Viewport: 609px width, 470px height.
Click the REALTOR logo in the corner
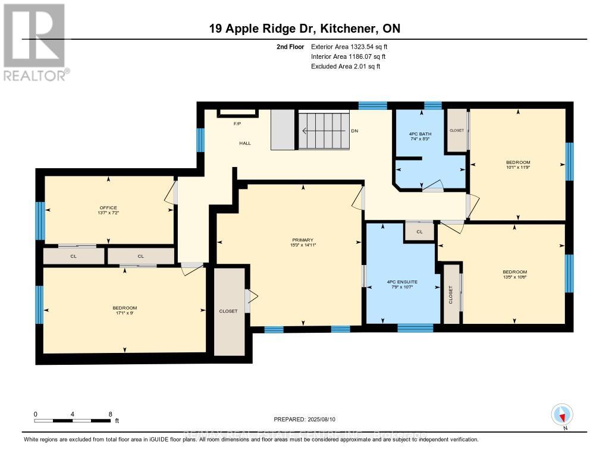34,42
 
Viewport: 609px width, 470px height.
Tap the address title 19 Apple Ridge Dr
304,29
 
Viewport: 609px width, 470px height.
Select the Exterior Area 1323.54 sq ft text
350,46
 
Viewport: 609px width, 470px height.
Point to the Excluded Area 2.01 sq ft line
346,67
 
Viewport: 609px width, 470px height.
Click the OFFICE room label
108,207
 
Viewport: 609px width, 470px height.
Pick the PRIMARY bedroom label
303,241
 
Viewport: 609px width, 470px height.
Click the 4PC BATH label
420,134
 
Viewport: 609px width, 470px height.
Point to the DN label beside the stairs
354,131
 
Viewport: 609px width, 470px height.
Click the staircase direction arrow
324,131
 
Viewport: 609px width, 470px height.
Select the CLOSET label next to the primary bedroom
228,311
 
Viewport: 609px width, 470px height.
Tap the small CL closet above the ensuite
419,232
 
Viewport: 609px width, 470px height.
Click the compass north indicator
562,415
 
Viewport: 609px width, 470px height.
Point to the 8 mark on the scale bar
110,414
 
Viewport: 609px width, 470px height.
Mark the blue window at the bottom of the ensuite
415,327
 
